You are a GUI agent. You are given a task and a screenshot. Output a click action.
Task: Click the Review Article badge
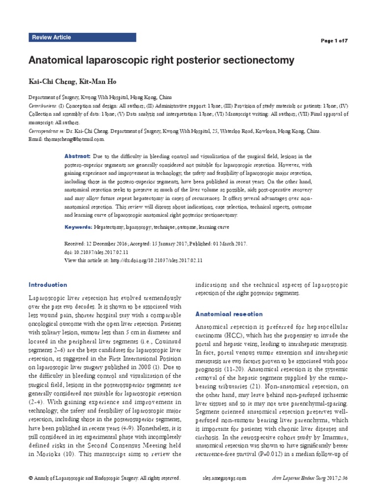pos(52,37)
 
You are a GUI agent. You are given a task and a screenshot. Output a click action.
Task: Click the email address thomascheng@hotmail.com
pos(73,139)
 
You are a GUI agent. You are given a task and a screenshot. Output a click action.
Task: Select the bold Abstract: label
pos(78,156)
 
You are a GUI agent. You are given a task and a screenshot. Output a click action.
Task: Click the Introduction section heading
pos(48,285)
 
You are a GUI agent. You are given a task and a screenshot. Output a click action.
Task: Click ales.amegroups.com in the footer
pos(224,477)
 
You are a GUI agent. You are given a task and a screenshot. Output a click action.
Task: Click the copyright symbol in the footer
pos(30,477)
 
